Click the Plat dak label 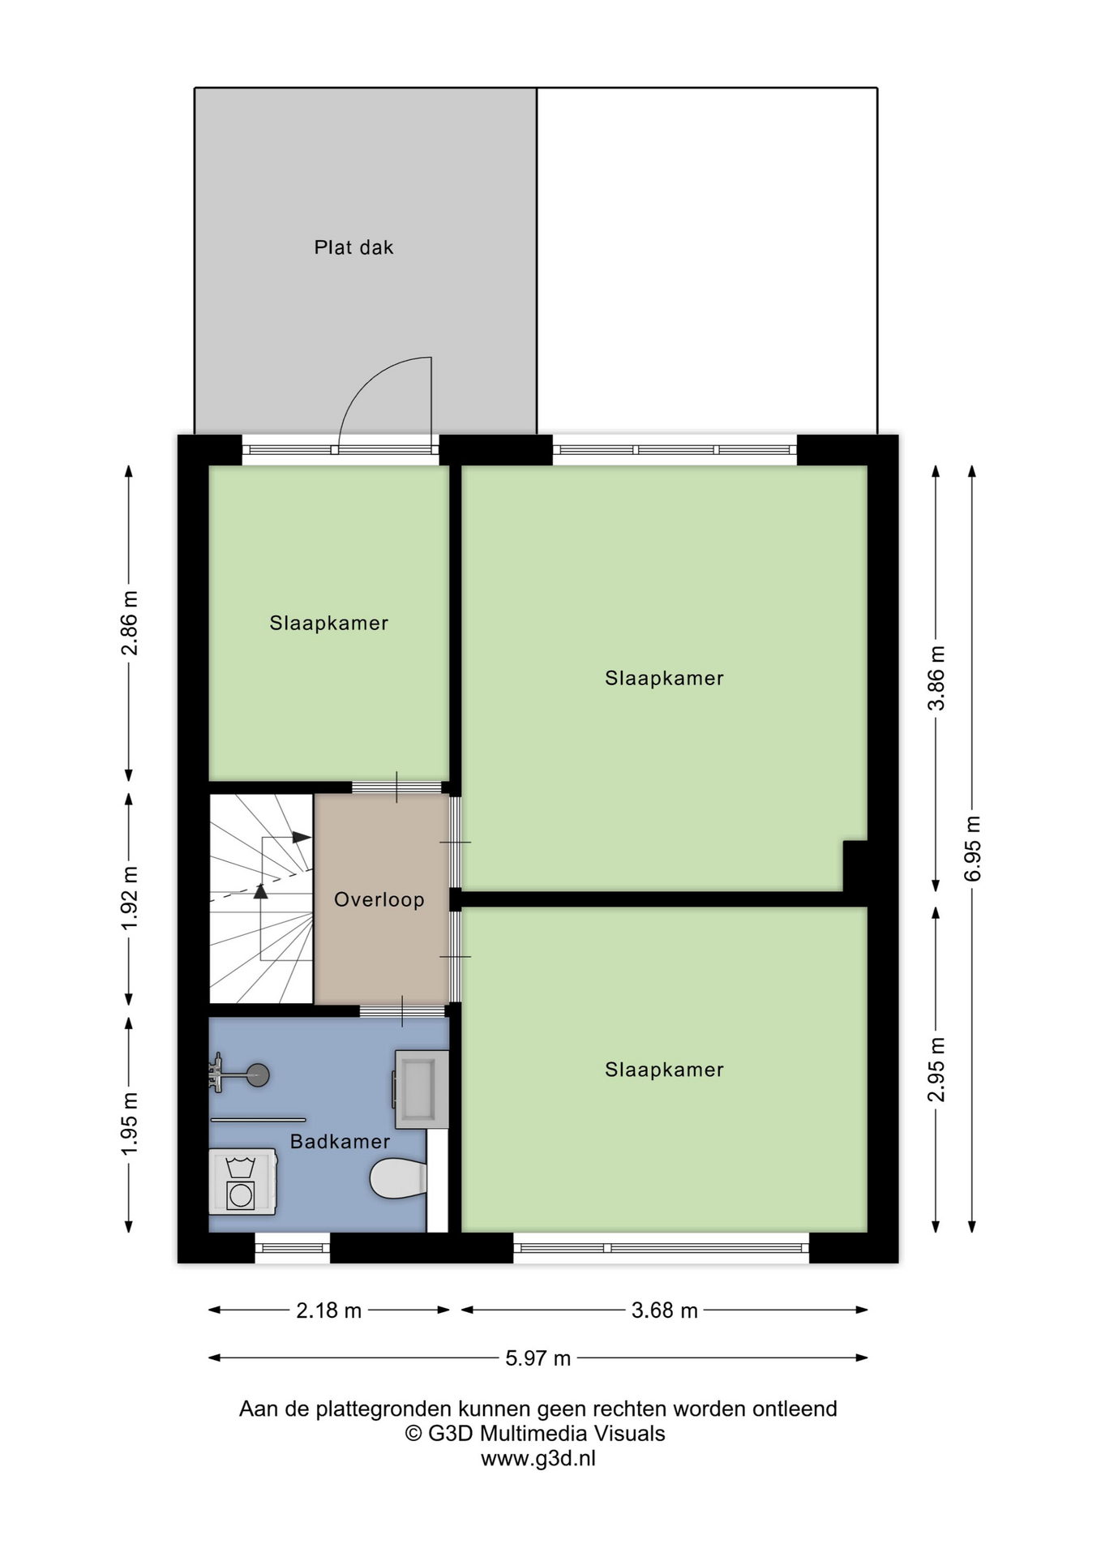click(x=353, y=247)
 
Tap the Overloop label click(x=379, y=899)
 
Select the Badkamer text click(x=340, y=1141)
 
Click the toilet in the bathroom click(x=398, y=1178)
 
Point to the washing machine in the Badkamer click(x=242, y=1181)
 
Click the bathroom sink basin click(x=422, y=1089)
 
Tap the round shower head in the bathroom click(x=258, y=1075)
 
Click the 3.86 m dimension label click(x=936, y=678)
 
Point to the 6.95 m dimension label click(x=973, y=848)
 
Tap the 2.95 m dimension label click(x=936, y=1070)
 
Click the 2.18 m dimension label click(x=328, y=1310)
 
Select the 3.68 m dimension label click(x=665, y=1310)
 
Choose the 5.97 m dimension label click(x=538, y=1358)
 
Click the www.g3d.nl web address click(x=538, y=1459)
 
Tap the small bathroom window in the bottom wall click(x=293, y=1248)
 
